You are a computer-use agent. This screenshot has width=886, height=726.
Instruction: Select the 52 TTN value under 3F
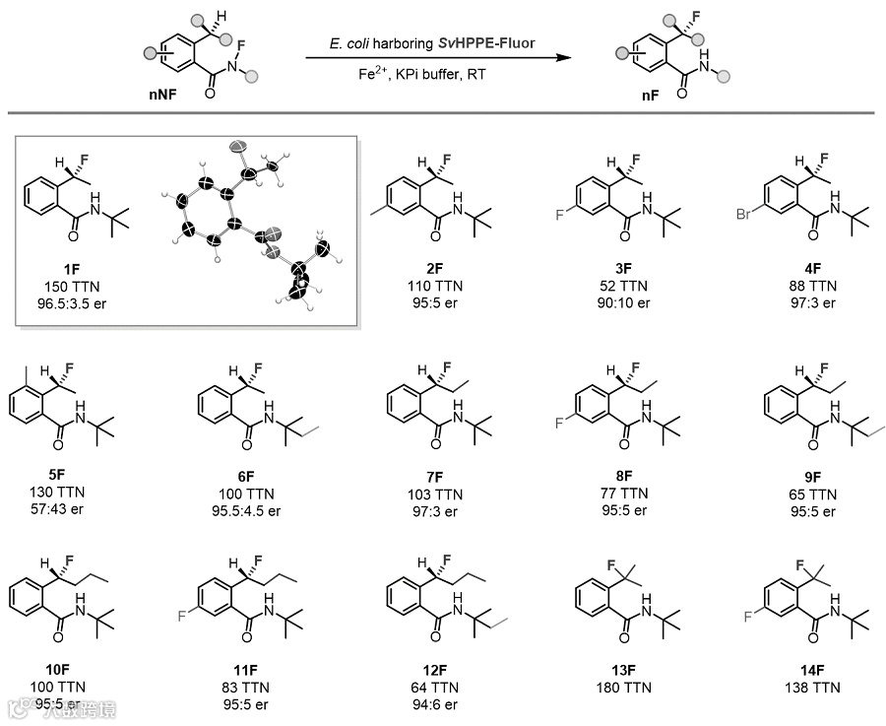point(623,286)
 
